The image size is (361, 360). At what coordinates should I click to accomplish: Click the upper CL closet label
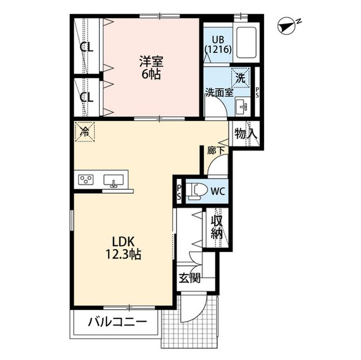click(86, 47)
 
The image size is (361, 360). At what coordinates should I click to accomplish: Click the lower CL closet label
click(86, 97)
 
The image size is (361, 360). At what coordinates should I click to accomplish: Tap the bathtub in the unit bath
click(246, 42)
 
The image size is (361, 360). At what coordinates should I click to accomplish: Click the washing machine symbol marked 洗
click(241, 78)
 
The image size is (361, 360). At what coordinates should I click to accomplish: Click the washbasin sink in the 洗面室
click(242, 105)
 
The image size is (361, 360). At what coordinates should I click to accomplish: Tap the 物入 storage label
click(246, 134)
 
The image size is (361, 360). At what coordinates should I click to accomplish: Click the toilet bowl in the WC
click(196, 191)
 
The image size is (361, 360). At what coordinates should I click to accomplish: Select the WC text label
click(218, 191)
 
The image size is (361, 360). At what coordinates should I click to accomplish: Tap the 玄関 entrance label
click(189, 278)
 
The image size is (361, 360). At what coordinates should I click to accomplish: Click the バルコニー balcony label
click(117, 323)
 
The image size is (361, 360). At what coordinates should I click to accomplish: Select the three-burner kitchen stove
click(86, 180)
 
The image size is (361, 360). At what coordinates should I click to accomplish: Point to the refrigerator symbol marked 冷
click(85, 132)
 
